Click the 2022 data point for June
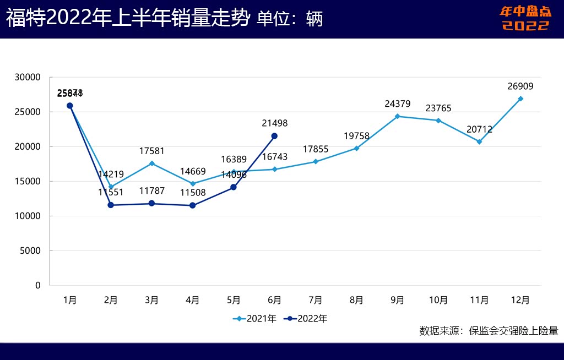(x=274, y=136)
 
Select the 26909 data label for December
(x=520, y=86)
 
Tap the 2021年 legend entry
(x=254, y=318)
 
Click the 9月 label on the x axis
(x=397, y=300)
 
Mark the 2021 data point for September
(x=397, y=116)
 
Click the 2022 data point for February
(x=111, y=205)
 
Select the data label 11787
(x=151, y=192)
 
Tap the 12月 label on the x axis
(x=520, y=300)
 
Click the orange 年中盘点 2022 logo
(x=525, y=18)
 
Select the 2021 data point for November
(x=479, y=141)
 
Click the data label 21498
(x=274, y=124)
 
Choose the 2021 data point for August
(x=356, y=148)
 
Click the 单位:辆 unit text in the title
(x=290, y=19)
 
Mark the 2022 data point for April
(x=192, y=205)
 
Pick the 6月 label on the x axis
(x=274, y=300)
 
